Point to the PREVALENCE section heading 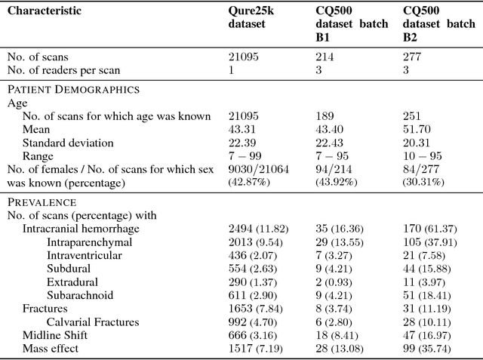(x=42, y=202)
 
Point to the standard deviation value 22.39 (x=243, y=143)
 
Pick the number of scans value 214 (x=325, y=57)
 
